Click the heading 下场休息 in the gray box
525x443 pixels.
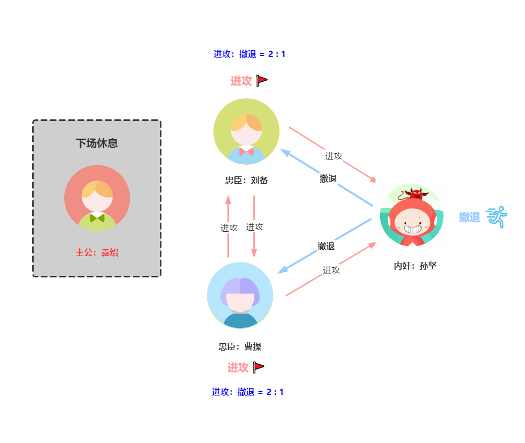point(97,143)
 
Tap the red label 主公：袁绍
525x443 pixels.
point(97,252)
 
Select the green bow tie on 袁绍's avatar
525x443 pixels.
point(97,218)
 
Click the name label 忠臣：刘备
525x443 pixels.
point(246,181)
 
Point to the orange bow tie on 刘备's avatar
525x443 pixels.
point(246,151)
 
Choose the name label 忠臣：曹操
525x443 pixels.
point(240,347)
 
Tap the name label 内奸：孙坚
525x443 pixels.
point(415,266)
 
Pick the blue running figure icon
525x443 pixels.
point(497,217)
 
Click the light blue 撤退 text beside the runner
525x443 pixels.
point(470,217)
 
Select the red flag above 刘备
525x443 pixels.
point(262,80)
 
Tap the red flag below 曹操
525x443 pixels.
point(259,367)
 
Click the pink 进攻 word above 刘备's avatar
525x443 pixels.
point(241,81)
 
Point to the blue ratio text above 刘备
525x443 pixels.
point(250,54)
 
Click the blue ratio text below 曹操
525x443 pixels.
point(248,392)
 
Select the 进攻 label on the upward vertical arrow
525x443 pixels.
point(229,228)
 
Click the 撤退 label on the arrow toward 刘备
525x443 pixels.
point(328,178)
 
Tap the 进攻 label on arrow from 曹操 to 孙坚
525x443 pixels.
point(331,270)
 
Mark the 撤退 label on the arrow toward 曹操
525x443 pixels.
point(326,246)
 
